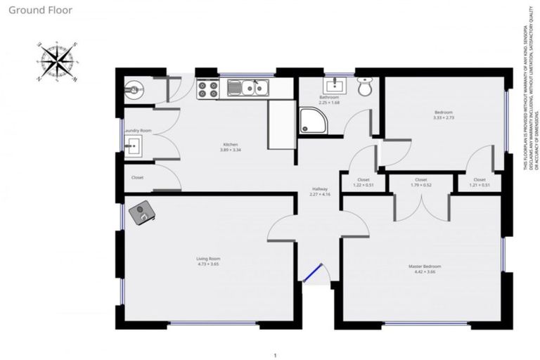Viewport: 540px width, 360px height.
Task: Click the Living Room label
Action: (x=208, y=259)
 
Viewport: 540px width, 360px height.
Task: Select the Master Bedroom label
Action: (x=425, y=266)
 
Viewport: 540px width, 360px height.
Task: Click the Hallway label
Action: (x=320, y=188)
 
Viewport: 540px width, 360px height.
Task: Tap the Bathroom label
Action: (x=329, y=98)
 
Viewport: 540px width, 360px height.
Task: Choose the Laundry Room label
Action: (x=138, y=131)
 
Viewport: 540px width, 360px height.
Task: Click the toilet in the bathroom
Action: (x=364, y=87)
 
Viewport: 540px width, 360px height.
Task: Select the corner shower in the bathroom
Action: (x=311, y=120)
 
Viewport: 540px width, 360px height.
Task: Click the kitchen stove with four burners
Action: (x=207, y=89)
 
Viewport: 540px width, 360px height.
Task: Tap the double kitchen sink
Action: (x=250, y=88)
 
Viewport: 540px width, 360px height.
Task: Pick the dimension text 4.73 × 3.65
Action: (x=208, y=265)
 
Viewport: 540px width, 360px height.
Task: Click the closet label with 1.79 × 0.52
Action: (x=420, y=186)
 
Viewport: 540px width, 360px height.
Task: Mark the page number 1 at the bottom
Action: (x=276, y=355)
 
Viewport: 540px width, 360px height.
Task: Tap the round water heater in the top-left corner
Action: (x=134, y=88)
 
